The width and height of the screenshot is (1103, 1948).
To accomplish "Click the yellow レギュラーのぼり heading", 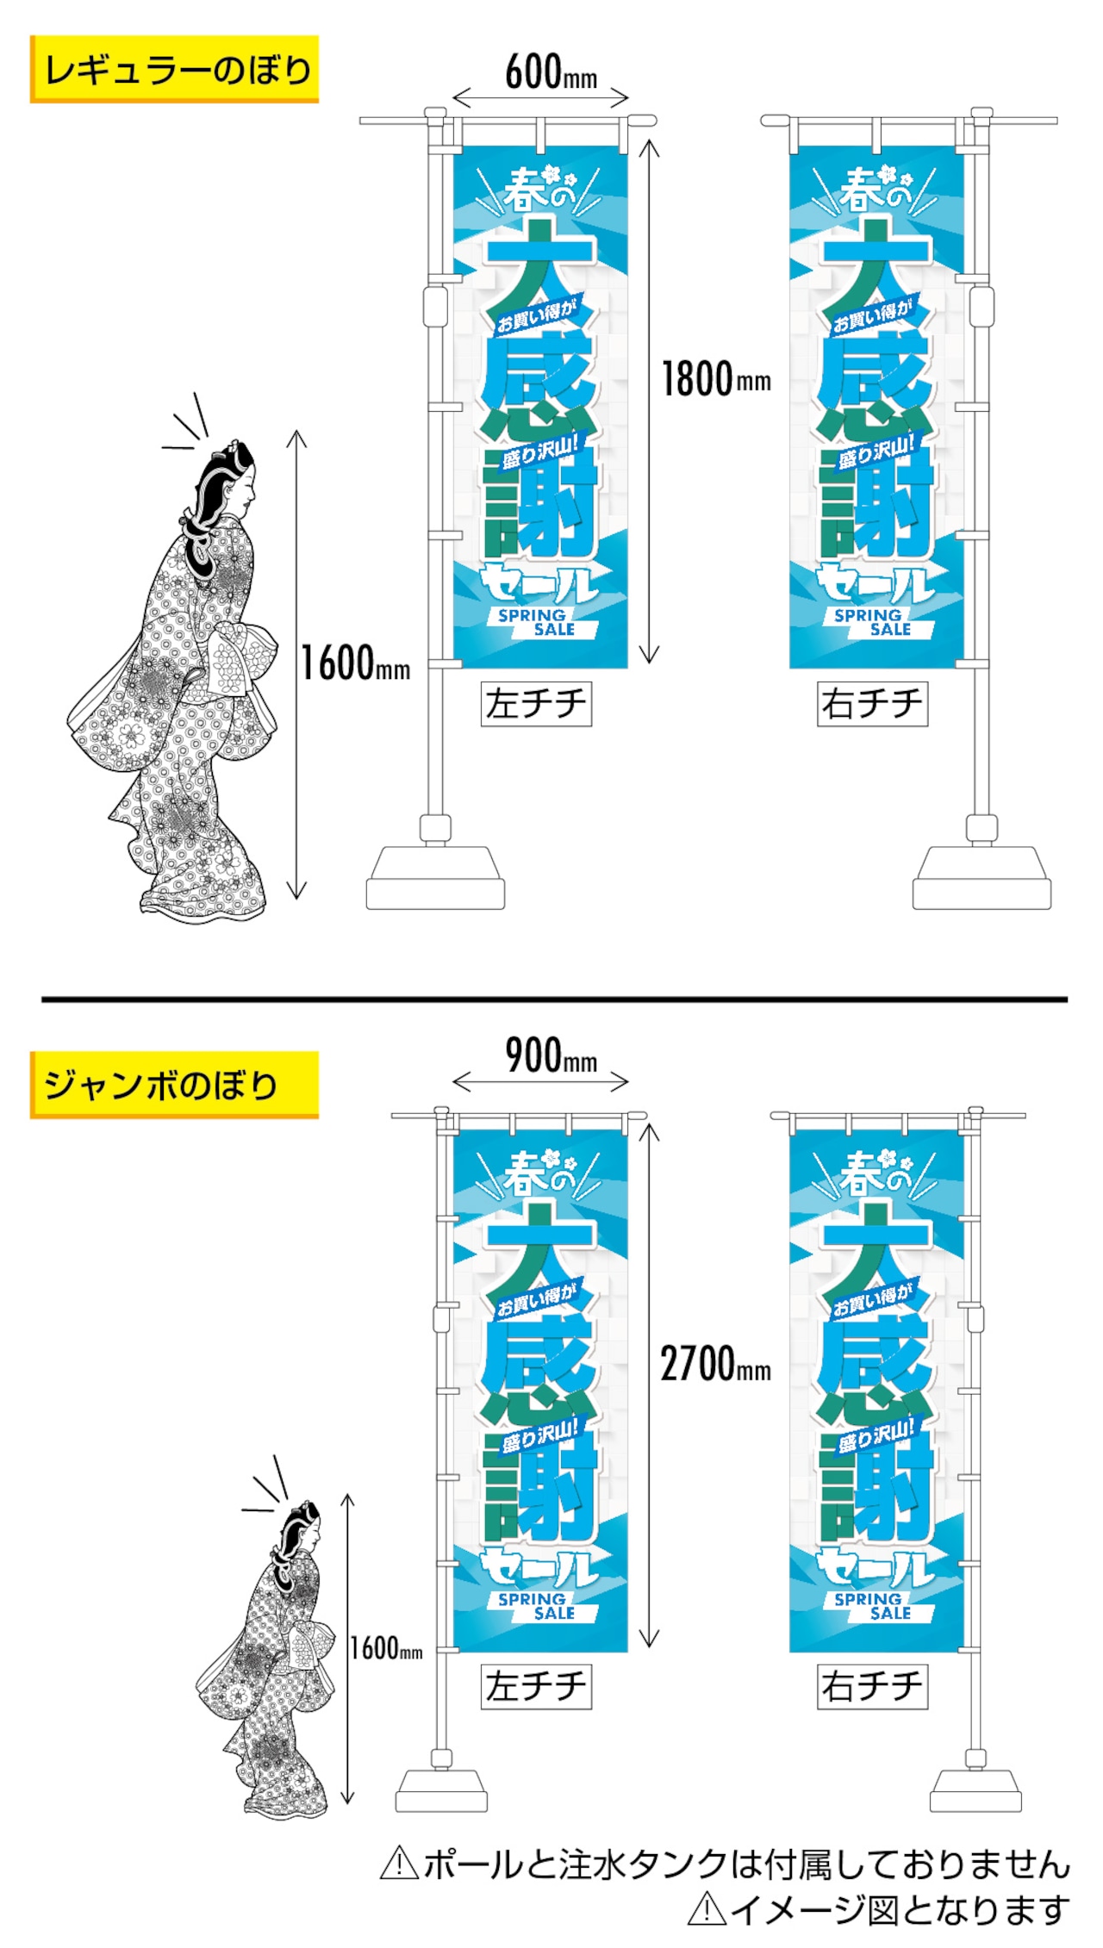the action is pyautogui.click(x=174, y=69).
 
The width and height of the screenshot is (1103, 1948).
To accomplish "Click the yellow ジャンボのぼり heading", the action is pyautogui.click(x=174, y=1085).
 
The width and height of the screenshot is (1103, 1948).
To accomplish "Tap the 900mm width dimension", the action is pyautogui.click(x=551, y=1055).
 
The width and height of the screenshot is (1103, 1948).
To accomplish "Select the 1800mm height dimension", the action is pyautogui.click(x=716, y=379).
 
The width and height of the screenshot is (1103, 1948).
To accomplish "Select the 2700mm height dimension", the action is pyautogui.click(x=716, y=1365).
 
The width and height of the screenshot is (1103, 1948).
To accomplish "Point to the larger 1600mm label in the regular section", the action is pyautogui.click(x=355, y=663).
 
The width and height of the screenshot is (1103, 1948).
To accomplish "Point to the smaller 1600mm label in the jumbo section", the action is pyautogui.click(x=386, y=1648).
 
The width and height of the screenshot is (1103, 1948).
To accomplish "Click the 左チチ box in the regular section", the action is pyautogui.click(x=536, y=704).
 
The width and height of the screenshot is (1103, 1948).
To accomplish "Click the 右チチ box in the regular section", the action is pyautogui.click(x=872, y=704).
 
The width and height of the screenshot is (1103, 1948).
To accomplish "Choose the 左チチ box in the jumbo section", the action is pyautogui.click(x=536, y=1686).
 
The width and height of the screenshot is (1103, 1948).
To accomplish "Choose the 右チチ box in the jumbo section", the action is pyautogui.click(x=872, y=1686).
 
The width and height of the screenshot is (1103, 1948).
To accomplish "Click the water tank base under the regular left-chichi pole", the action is pyautogui.click(x=435, y=878).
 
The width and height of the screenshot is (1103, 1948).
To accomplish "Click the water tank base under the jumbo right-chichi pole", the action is pyautogui.click(x=975, y=1791).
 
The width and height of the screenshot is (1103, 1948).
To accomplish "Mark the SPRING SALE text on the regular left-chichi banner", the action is pyautogui.click(x=536, y=622).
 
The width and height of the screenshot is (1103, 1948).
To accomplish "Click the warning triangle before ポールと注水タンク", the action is pyautogui.click(x=399, y=1864).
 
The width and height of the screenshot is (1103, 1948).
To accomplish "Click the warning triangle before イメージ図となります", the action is pyautogui.click(x=707, y=1909).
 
